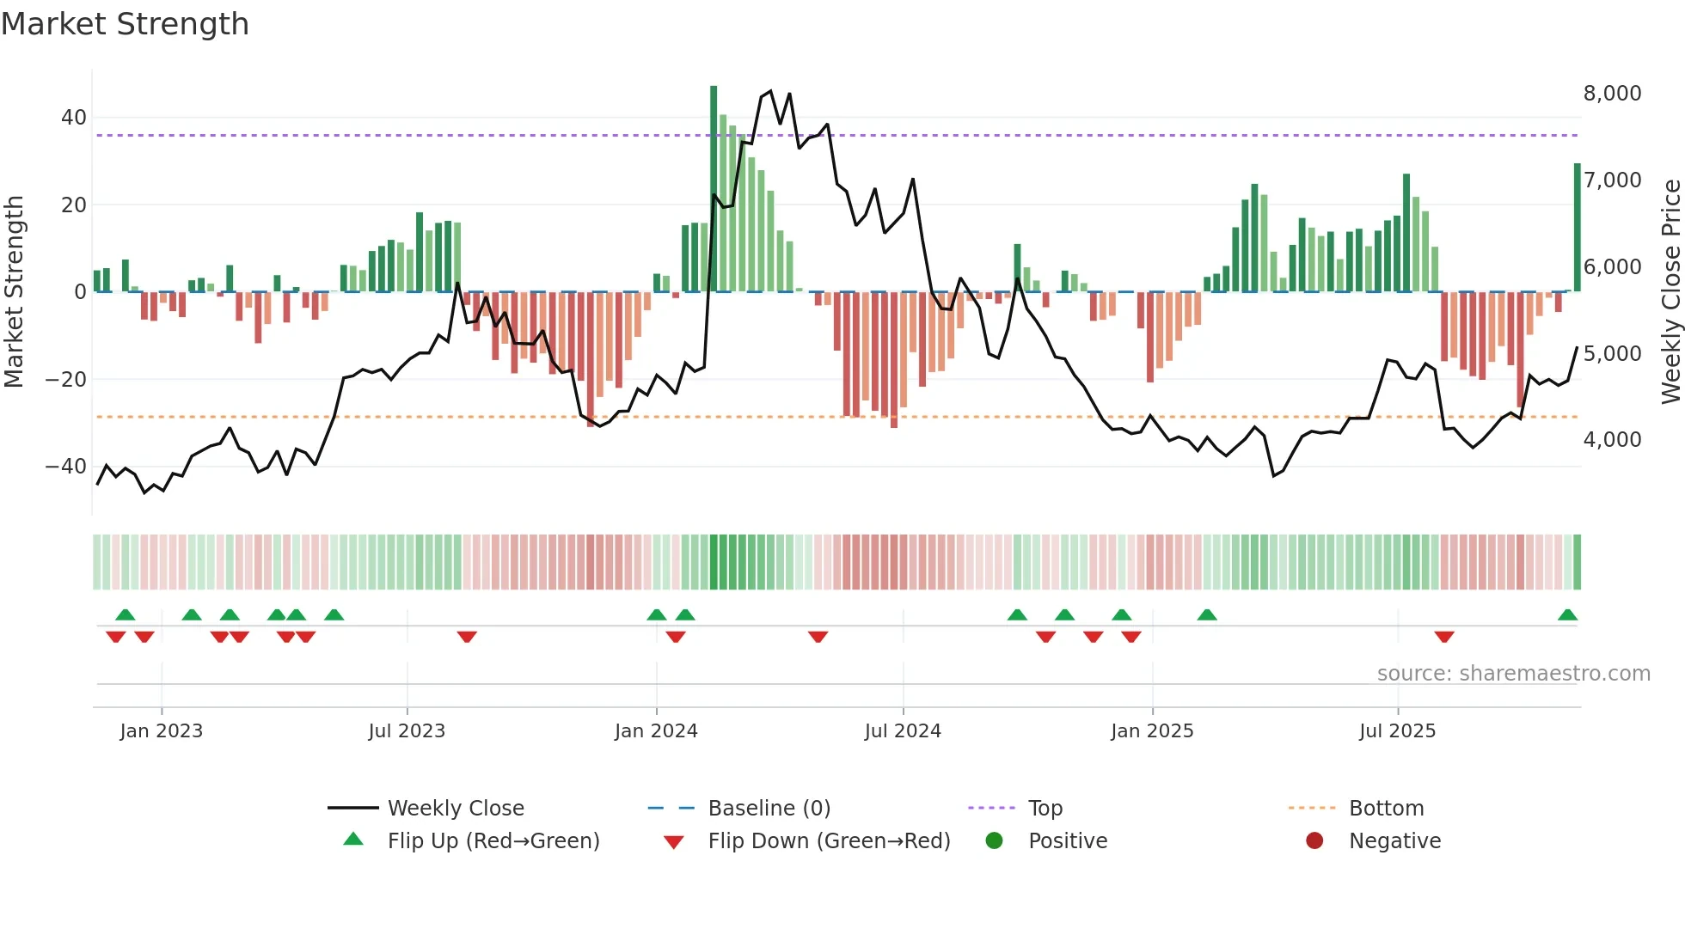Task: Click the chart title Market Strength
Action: tap(125, 24)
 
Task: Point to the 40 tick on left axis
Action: tap(74, 117)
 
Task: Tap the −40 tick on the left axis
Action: tap(66, 466)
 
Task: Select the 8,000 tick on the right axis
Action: tap(1612, 93)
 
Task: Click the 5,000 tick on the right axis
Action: tap(1612, 353)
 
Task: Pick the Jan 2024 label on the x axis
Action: tap(656, 730)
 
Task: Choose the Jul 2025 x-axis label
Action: tap(1397, 730)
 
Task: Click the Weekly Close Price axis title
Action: tap(1670, 291)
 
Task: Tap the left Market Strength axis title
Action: tap(14, 291)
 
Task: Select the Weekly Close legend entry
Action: tap(456, 808)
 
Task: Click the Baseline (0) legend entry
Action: tap(769, 808)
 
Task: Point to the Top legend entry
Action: tap(1045, 808)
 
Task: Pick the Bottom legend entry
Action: tap(1386, 808)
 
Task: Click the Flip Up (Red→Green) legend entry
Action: tap(493, 840)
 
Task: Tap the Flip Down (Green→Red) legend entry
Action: tap(829, 840)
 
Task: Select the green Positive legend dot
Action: tap(995, 840)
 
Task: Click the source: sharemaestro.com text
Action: tap(1513, 673)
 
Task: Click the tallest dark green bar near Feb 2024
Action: tap(714, 189)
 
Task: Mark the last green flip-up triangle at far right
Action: tap(1567, 615)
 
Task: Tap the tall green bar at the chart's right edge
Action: tap(1578, 228)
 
